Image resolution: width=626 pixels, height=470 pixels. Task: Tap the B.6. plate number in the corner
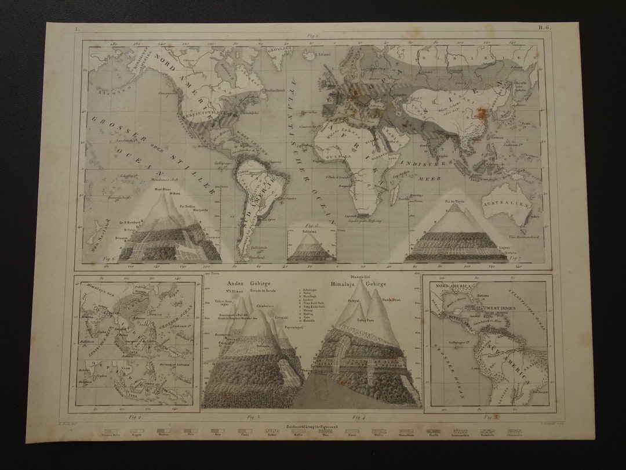click(545, 28)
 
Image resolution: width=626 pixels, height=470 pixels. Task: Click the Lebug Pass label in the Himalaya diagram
click(365, 320)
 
